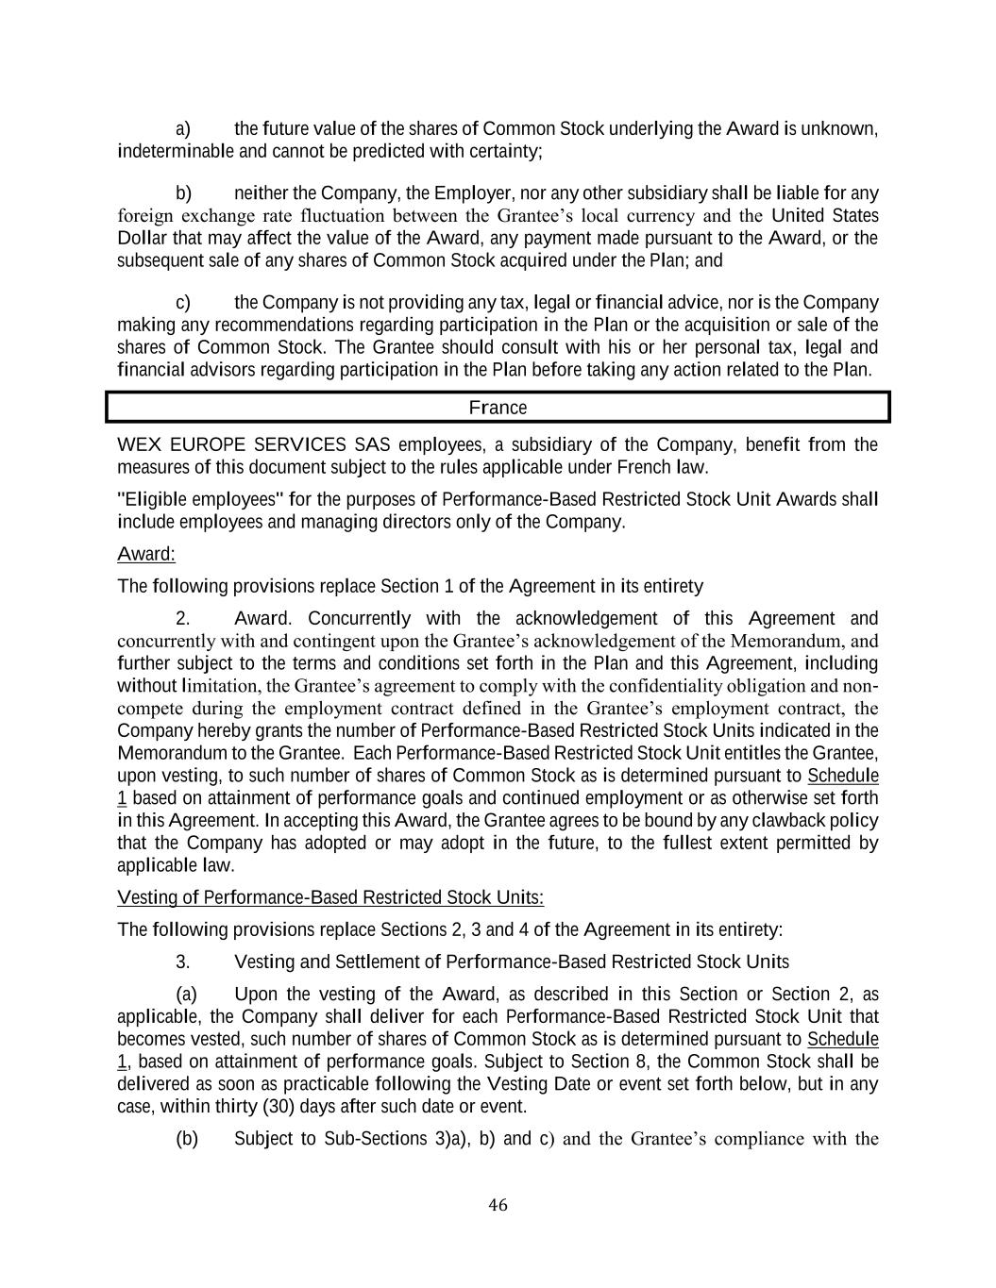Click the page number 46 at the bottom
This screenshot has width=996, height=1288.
[498, 1205]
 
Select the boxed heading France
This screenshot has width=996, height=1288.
[498, 408]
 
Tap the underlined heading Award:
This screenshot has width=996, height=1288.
[146, 554]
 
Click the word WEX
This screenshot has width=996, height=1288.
[137, 444]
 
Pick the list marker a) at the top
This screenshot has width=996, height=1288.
[183, 128]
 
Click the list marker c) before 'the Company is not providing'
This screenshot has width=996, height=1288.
[183, 303]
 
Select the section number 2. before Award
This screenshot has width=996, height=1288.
[183, 619]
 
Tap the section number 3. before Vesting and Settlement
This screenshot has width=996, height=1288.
[183, 962]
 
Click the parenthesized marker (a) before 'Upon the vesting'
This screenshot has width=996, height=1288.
[186, 995]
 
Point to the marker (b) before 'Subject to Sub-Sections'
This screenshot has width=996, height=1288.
[187, 1139]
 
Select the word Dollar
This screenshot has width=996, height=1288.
[142, 238]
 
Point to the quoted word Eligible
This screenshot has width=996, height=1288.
[155, 499]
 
